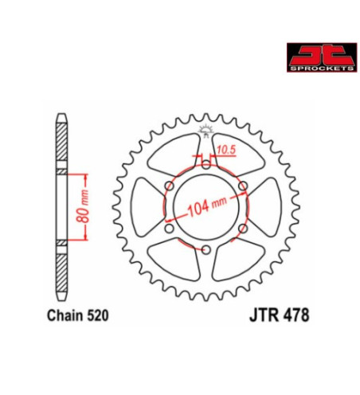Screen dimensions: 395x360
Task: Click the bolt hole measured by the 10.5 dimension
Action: (205, 164)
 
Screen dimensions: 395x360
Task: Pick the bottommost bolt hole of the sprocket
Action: (205, 250)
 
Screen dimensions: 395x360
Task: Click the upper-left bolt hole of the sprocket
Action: (168, 186)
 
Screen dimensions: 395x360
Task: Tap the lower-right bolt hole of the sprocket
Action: (243, 229)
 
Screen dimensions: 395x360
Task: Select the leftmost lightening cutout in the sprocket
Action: (146, 207)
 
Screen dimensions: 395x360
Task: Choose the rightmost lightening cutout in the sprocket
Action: (265, 207)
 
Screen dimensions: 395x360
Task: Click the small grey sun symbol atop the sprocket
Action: (205, 130)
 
